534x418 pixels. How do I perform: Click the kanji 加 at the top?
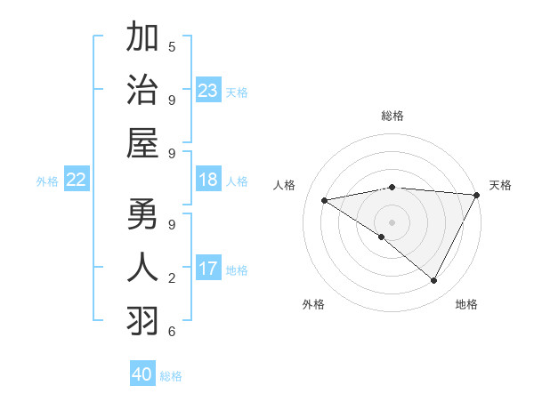[x=143, y=39]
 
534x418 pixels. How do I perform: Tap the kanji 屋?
[x=143, y=143]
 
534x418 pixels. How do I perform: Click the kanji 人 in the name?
[x=143, y=269]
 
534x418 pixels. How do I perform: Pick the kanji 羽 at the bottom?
[x=143, y=321]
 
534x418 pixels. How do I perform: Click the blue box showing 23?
[x=207, y=91]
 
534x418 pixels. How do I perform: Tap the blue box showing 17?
[x=207, y=269]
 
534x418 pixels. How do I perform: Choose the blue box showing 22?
[x=76, y=181]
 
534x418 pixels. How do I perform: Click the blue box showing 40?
[x=142, y=374]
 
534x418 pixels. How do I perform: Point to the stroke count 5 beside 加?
[x=172, y=46]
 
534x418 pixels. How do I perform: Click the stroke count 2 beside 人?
[x=172, y=278]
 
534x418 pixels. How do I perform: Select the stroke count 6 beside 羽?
[x=172, y=332]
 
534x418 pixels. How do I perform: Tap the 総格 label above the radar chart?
[x=392, y=116]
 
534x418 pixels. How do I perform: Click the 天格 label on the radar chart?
[x=500, y=185]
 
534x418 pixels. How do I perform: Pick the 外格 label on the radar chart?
[x=313, y=304]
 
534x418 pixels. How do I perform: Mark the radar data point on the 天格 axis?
[x=478, y=195]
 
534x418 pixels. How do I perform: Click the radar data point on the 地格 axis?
[x=434, y=281]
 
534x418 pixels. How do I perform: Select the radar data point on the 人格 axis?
[x=324, y=200]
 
